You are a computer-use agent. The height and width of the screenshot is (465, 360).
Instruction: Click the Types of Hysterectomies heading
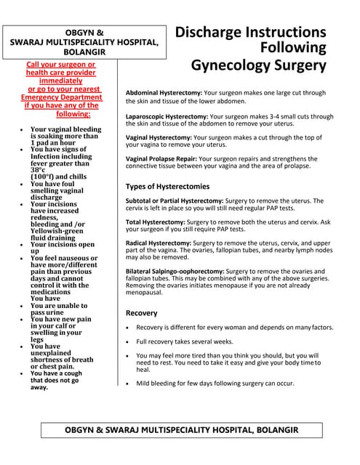pos(167,187)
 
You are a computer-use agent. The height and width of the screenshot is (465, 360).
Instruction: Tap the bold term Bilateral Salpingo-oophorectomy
pos(175,271)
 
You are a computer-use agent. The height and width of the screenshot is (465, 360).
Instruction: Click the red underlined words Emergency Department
pos(61,97)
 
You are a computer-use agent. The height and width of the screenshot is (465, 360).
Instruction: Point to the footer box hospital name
pos(180,430)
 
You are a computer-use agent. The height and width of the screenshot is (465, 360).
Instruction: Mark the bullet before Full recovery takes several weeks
pos(128,341)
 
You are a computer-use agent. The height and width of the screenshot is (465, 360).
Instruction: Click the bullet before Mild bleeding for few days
pos(128,383)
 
